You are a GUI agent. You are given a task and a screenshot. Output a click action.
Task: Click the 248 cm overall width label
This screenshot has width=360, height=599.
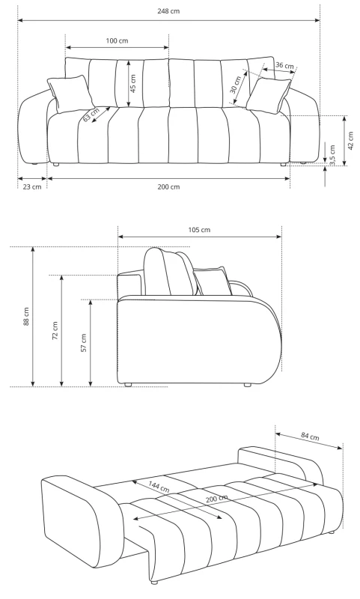click(168, 12)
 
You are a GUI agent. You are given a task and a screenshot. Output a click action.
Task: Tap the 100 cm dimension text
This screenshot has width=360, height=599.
click(117, 40)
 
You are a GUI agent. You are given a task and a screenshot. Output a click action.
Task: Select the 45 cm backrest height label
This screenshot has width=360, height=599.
click(134, 82)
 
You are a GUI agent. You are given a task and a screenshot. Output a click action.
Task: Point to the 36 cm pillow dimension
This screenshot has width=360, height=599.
click(284, 66)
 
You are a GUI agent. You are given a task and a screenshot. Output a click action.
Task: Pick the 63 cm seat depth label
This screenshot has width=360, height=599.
click(91, 115)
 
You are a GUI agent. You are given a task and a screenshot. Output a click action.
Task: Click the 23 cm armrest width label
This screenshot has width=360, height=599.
click(31, 186)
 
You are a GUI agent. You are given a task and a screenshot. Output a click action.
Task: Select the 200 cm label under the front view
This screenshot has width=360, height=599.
click(169, 186)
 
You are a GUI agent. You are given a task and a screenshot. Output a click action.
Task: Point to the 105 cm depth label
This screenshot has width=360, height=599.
click(200, 229)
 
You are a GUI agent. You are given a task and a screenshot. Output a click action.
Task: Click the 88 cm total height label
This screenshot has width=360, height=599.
click(25, 316)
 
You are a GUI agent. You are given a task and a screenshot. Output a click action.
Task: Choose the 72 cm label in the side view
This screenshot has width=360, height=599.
click(55, 329)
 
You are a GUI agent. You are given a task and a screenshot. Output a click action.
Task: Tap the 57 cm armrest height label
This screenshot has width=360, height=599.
click(83, 342)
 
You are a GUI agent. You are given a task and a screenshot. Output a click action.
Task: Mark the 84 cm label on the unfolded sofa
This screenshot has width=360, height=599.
click(309, 436)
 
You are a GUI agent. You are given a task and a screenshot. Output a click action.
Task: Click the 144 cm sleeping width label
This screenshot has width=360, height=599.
click(158, 487)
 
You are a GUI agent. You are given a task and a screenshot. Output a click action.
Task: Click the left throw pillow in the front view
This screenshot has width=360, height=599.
click(70, 94)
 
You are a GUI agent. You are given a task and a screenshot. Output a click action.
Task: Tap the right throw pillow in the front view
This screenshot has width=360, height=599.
click(269, 95)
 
